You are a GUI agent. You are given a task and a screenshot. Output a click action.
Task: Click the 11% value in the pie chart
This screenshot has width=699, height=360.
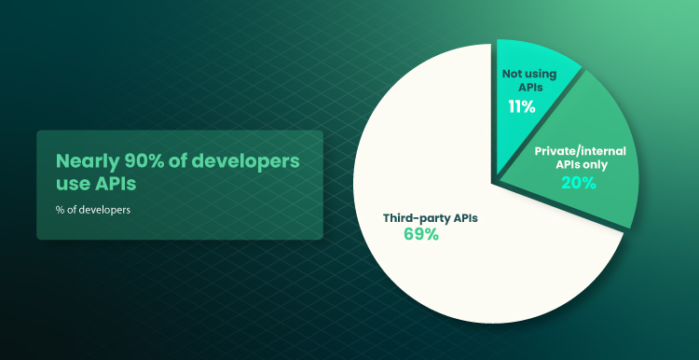point(522,106)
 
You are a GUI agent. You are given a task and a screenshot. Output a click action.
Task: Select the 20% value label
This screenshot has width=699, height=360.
point(579,183)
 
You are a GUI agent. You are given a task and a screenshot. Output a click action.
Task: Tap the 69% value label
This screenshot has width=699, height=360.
point(421,234)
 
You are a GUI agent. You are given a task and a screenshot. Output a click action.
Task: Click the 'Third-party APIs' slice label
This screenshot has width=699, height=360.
point(431,218)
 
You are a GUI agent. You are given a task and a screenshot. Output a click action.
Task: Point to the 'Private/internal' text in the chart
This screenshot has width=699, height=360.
point(581,151)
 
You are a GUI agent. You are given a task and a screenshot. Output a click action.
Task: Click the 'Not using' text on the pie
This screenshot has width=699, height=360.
point(529,74)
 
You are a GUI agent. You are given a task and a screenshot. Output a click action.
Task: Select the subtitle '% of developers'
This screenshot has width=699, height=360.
point(93,210)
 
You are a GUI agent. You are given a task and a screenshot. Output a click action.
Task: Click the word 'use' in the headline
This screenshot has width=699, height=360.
point(72,185)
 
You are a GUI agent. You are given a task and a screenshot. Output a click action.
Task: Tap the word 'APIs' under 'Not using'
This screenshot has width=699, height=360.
point(529,87)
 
